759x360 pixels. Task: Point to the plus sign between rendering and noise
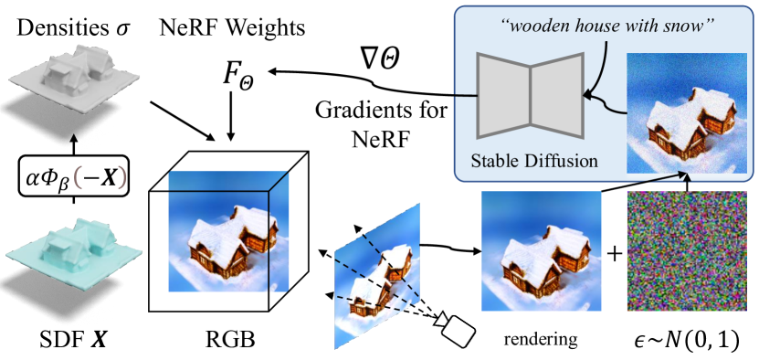(x=614, y=253)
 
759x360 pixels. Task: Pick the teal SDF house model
(x=70, y=251)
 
